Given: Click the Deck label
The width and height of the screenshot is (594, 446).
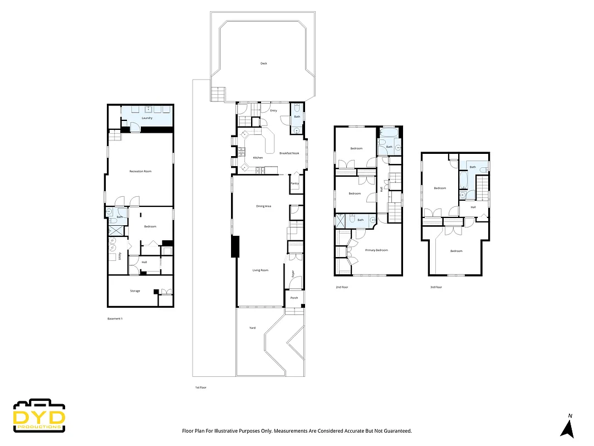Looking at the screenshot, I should click(x=264, y=64).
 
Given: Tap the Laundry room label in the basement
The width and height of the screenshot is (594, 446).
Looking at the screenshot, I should click(x=147, y=118).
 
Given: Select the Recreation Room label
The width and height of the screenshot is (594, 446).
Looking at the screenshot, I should click(x=140, y=171).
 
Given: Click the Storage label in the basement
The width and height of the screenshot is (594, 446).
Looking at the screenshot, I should click(x=135, y=291).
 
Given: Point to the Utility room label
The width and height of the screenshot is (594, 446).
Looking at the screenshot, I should click(x=120, y=257).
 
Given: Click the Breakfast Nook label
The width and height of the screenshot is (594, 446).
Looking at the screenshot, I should click(x=289, y=153).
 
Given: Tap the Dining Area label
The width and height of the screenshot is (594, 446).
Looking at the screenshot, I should click(x=263, y=206).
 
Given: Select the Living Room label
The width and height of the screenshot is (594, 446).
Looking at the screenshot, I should click(x=261, y=270).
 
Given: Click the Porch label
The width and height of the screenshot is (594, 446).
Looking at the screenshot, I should click(x=294, y=298).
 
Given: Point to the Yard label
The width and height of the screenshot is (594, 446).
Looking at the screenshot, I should click(x=252, y=328).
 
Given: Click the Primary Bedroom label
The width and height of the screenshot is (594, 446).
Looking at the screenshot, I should click(x=376, y=250).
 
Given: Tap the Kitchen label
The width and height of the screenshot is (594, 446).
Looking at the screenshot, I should click(x=258, y=158).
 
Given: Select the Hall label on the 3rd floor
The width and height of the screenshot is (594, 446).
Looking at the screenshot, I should click(x=473, y=207).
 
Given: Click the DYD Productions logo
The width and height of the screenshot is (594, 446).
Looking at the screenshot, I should click(x=40, y=416).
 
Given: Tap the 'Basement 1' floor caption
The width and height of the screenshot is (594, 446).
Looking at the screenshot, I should click(x=115, y=319).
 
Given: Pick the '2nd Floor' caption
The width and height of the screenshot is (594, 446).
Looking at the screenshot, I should click(x=341, y=287).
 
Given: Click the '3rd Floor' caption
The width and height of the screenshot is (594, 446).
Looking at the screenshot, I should click(x=436, y=287).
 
